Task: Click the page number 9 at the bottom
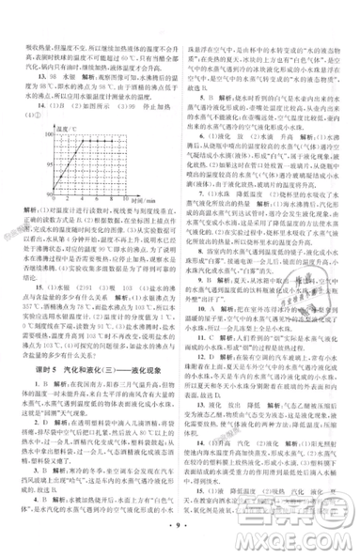tap(180, 542)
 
